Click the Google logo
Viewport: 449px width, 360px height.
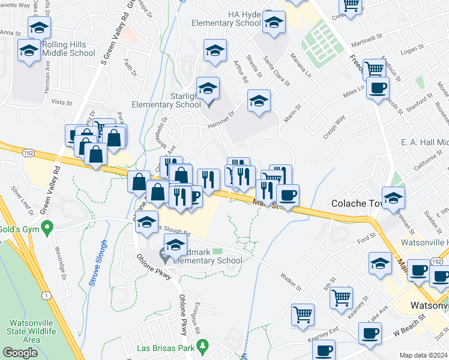[x=20, y=353]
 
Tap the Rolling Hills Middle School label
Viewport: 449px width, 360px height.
[x=68, y=49]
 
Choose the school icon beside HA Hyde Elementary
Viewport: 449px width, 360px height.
[x=274, y=23]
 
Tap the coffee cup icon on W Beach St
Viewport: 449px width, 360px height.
[x=370, y=334]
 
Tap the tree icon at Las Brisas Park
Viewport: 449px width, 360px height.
[x=203, y=346]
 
